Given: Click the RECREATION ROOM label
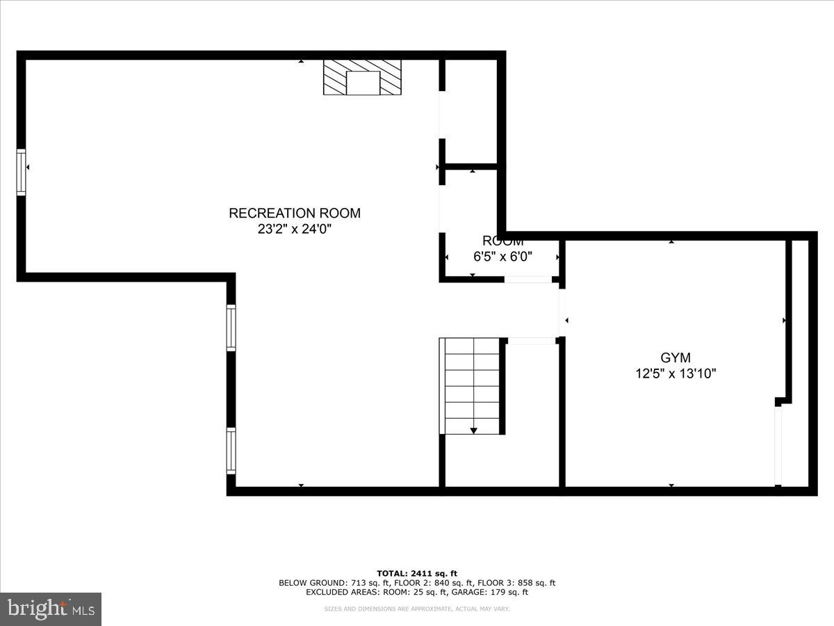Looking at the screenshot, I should (x=295, y=213).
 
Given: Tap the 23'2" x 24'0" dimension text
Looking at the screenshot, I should (x=295, y=229).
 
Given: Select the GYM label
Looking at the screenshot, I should (x=675, y=358).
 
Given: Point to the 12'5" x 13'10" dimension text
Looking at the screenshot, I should (x=675, y=374).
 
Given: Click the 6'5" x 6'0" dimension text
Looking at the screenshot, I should (x=502, y=256).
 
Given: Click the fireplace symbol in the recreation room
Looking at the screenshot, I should (x=362, y=77).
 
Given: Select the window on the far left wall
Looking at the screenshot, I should (x=21, y=171).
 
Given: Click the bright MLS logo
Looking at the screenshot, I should (x=51, y=609).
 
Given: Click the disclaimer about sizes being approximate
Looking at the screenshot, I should (x=417, y=609).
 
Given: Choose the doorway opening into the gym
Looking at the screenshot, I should (x=562, y=313).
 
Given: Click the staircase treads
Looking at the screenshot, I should (x=471, y=386).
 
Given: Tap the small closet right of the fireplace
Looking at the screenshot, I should (x=471, y=111).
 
